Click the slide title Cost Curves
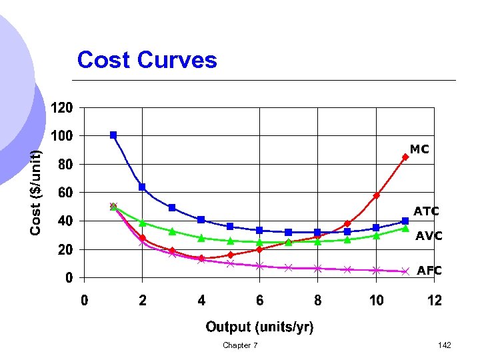[x=147, y=60]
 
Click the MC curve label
[x=419, y=150]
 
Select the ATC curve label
[x=426, y=212]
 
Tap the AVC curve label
[x=429, y=236]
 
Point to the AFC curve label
[x=429, y=271]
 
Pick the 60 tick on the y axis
[x=65, y=193]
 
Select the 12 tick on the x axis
[x=434, y=301]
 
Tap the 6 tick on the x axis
[x=259, y=301]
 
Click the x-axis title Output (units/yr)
[x=259, y=327]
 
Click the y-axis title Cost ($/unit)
[x=36, y=192]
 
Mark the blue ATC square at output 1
[x=113, y=135]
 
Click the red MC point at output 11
[x=405, y=157]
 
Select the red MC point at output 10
[x=376, y=195]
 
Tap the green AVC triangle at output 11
[x=405, y=228]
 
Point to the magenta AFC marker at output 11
[x=405, y=271]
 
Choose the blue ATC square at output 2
[x=142, y=187]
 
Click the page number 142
[x=445, y=345]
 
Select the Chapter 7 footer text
[x=240, y=345]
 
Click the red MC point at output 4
[x=201, y=258]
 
